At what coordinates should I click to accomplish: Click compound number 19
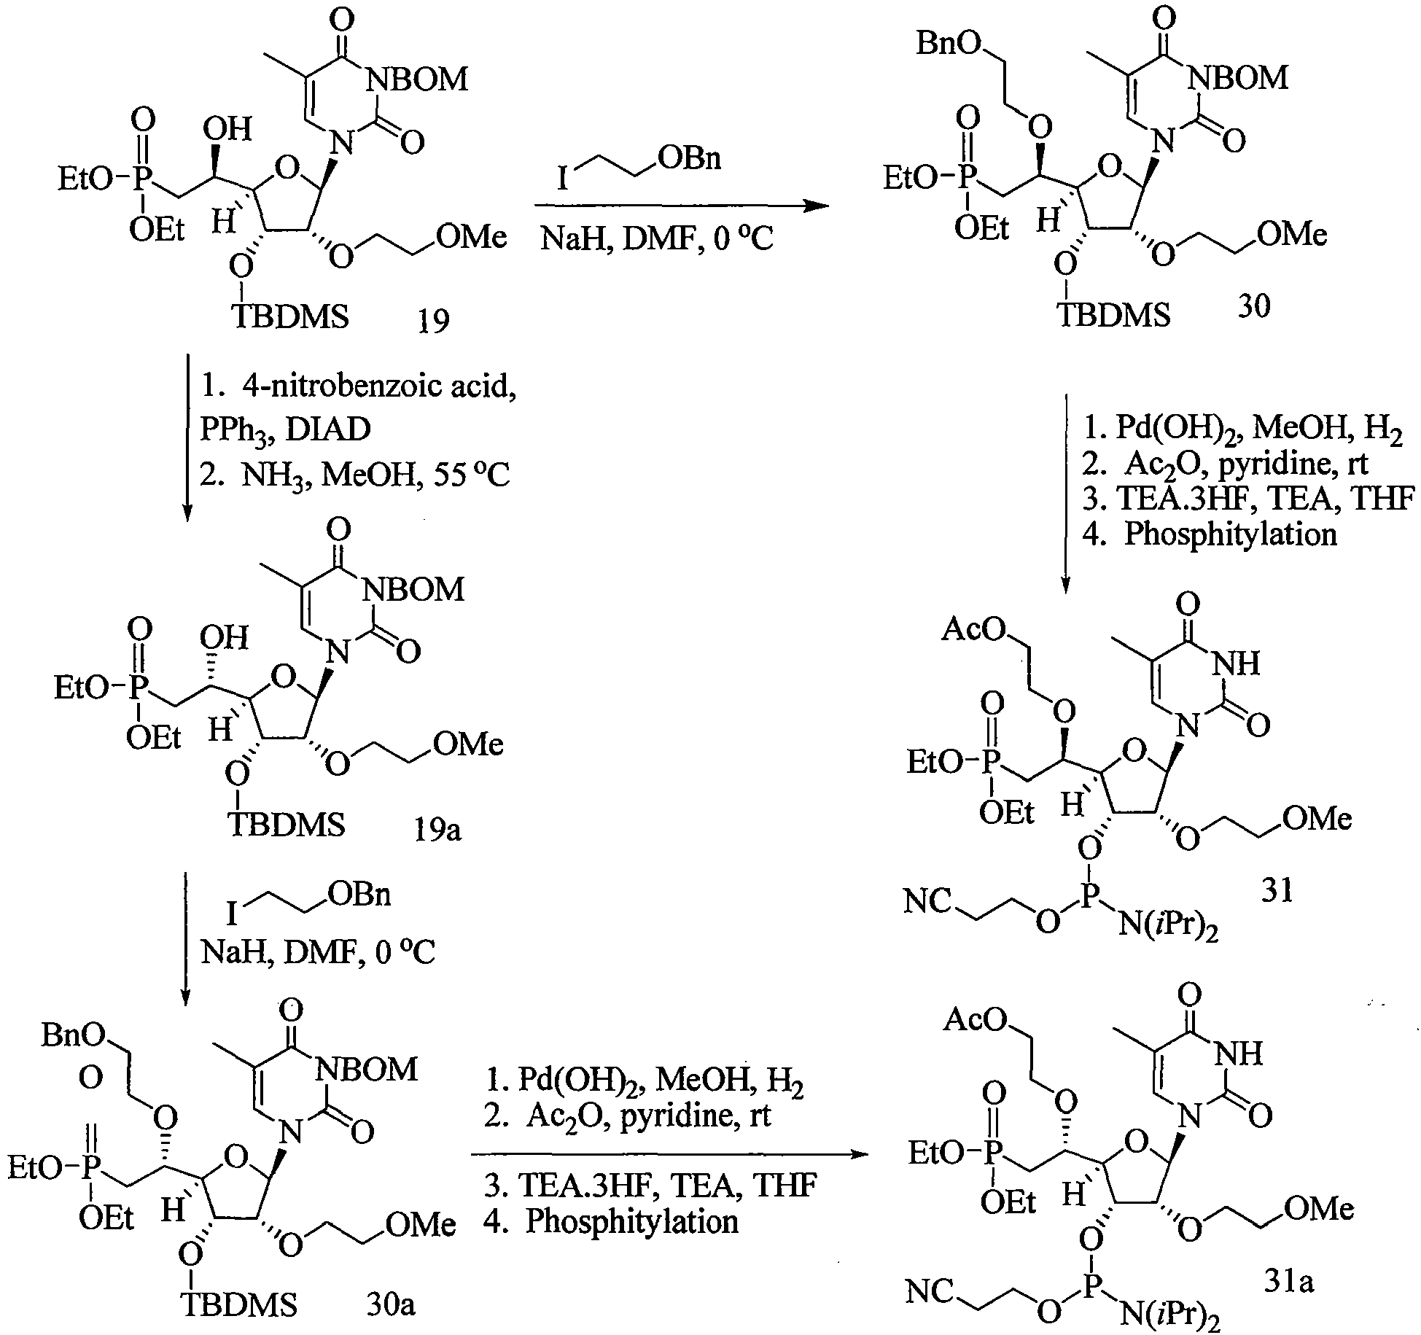pos(434,319)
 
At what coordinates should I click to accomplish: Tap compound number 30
pos(1253,306)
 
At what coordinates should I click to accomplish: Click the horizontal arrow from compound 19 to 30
pos(681,206)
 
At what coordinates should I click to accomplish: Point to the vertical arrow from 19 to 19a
pos(187,438)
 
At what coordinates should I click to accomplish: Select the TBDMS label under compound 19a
pos(287,825)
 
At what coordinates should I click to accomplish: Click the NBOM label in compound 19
pos(417,79)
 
